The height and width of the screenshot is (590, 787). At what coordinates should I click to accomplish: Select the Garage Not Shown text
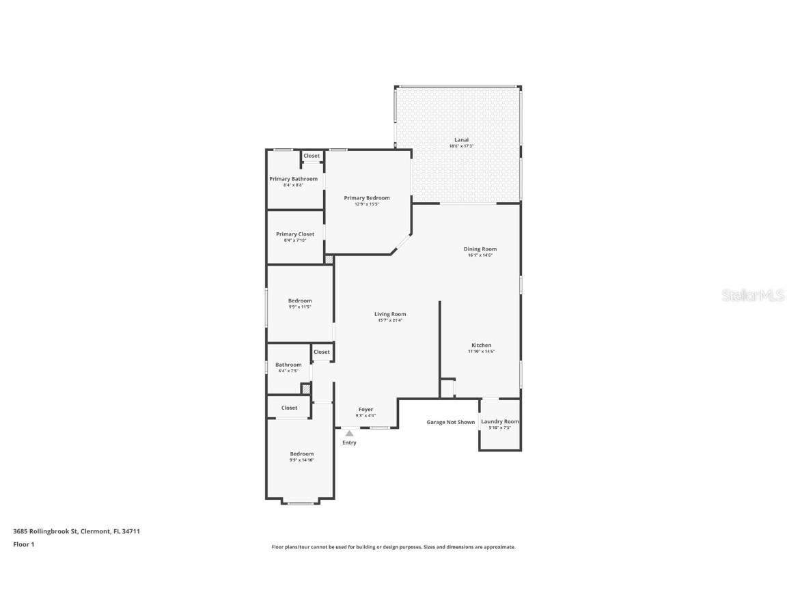tap(451, 422)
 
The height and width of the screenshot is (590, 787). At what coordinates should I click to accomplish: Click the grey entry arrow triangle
tap(349, 433)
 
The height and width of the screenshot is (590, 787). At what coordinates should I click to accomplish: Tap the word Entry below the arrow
tap(349, 442)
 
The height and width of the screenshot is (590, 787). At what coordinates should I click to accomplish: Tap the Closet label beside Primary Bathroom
tap(312, 156)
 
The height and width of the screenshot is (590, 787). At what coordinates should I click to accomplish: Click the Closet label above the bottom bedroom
tap(290, 408)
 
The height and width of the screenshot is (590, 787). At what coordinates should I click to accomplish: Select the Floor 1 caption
tap(23, 544)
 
